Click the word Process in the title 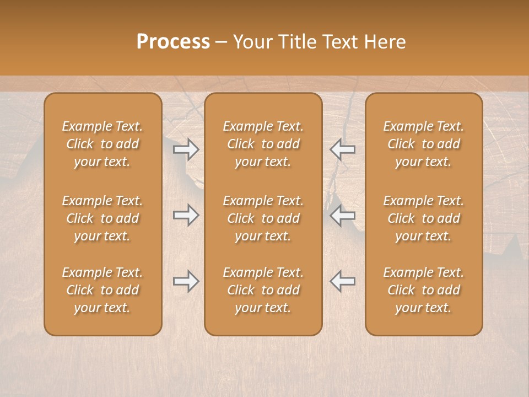coord(173,42)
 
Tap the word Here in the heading coord(385,42)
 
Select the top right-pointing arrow coord(186,149)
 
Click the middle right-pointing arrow coord(186,215)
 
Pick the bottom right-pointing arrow coord(186,281)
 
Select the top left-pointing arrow coord(342,149)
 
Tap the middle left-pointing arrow coord(342,215)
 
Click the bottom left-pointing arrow coord(342,281)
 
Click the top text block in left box coord(102,144)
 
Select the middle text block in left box coord(102,218)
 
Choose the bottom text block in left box coord(102,290)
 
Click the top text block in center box coord(263,144)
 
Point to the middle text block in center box coord(263,218)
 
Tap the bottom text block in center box coord(263,290)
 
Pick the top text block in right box coord(423,144)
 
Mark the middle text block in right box coord(423,218)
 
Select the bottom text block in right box coord(423,290)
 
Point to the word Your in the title coord(252,42)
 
